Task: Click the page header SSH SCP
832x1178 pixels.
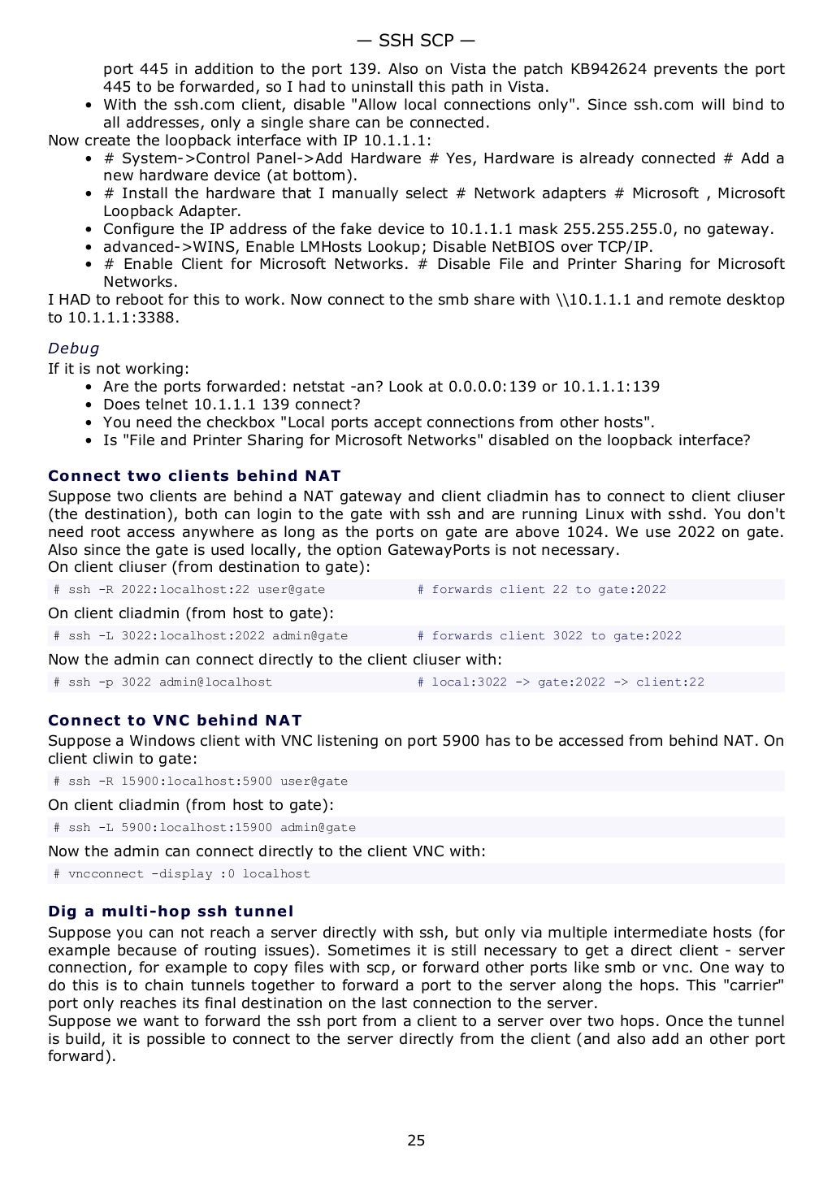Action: coord(415,41)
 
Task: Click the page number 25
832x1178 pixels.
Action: coord(415,1140)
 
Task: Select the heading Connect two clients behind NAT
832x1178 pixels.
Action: coord(194,476)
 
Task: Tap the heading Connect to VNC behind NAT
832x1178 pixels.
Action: coord(175,721)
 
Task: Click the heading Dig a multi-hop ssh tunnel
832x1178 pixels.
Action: coord(171,912)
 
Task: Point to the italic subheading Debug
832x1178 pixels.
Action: coord(73,349)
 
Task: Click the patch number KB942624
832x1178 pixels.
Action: coord(609,69)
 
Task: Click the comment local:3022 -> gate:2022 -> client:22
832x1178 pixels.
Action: coord(567,682)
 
